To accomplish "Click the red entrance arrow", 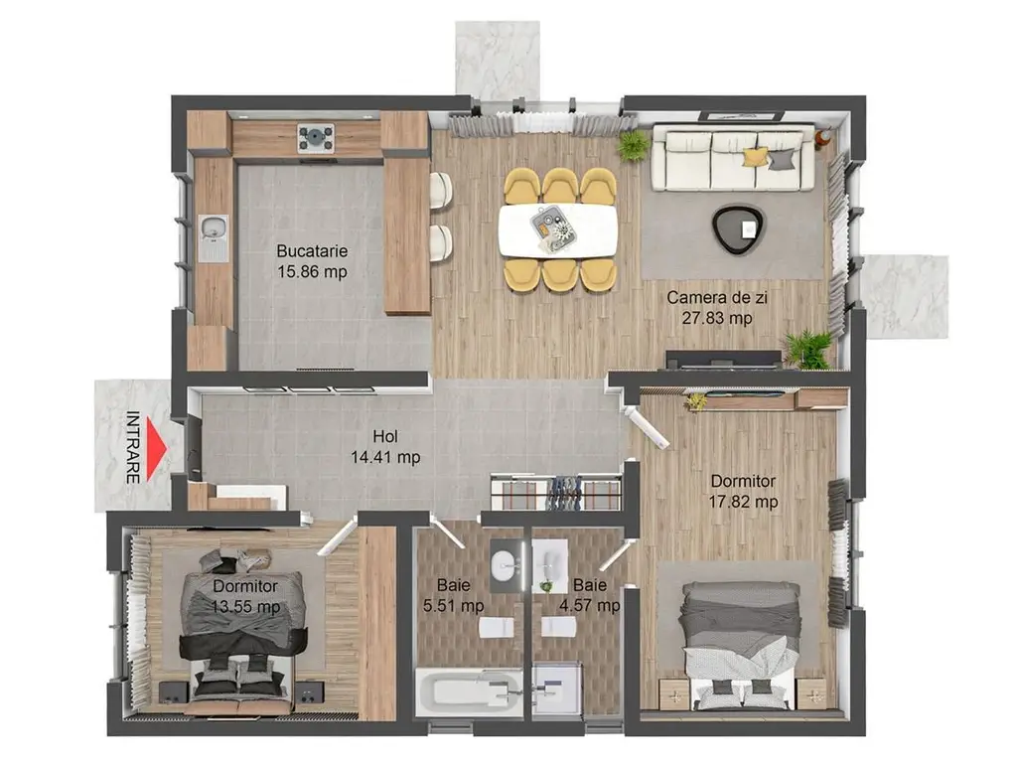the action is coord(156,448).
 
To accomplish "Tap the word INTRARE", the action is coord(132,448).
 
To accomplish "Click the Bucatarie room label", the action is coord(312,250).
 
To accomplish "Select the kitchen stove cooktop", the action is coord(316,137).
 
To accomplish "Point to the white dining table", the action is coord(558,230).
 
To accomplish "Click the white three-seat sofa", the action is coord(734,158).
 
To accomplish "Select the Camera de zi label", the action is coord(717,298).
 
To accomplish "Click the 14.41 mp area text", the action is coord(385,457).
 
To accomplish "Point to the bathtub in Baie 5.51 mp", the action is coord(469,692).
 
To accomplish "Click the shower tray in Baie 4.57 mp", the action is coord(556,689).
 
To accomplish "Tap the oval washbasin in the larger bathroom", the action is coord(506,565).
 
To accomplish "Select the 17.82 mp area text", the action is coord(743,502).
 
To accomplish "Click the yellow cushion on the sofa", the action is coord(755,157).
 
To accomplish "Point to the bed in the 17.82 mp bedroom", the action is coord(740,644).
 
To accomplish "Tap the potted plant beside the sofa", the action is coord(633,146).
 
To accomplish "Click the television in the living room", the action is coord(723,359).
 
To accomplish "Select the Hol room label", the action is coord(385,437).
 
